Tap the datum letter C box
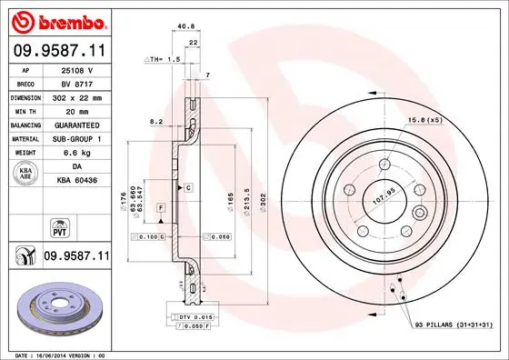(188, 187)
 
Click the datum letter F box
(160, 208)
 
